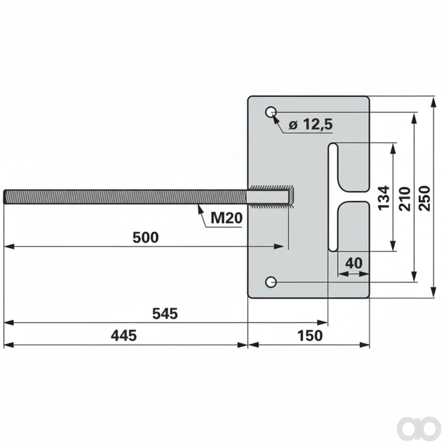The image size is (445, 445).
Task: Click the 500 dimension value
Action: tap(146, 237)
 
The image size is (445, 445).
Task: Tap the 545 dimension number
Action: tap(165, 314)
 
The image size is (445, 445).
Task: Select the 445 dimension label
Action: tap(124, 335)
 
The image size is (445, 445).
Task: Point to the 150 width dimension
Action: tap(310, 336)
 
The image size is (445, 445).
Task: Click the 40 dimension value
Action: tap(353, 263)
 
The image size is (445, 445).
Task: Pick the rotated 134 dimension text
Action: tap(384, 198)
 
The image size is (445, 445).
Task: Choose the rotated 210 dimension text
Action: tap(405, 199)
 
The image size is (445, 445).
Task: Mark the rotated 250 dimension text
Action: tap(425, 198)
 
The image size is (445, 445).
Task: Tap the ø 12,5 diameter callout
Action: tap(311, 124)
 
